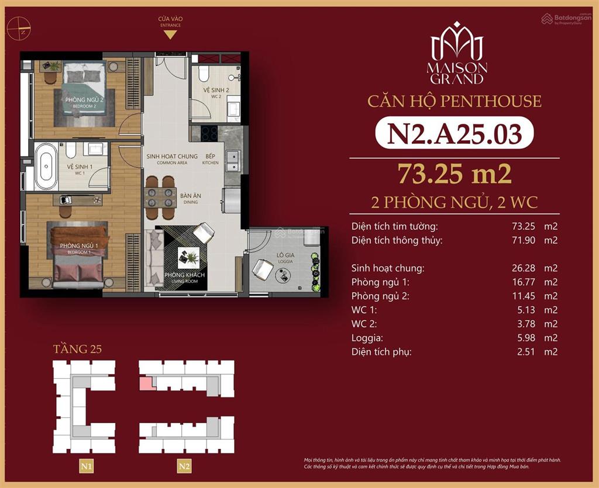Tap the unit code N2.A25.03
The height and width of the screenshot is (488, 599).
455,133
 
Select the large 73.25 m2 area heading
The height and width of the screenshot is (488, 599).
455,173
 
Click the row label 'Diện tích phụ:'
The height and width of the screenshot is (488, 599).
381,352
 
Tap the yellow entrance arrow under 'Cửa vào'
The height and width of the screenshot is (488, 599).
170,34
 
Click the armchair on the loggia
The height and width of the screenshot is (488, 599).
263,269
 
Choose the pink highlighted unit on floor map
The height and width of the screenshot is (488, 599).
145,383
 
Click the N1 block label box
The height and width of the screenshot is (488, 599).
87,466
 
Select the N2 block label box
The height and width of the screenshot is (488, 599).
185,466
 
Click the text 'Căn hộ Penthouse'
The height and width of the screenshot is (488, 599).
455,101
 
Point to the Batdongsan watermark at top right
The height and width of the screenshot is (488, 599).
567,19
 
